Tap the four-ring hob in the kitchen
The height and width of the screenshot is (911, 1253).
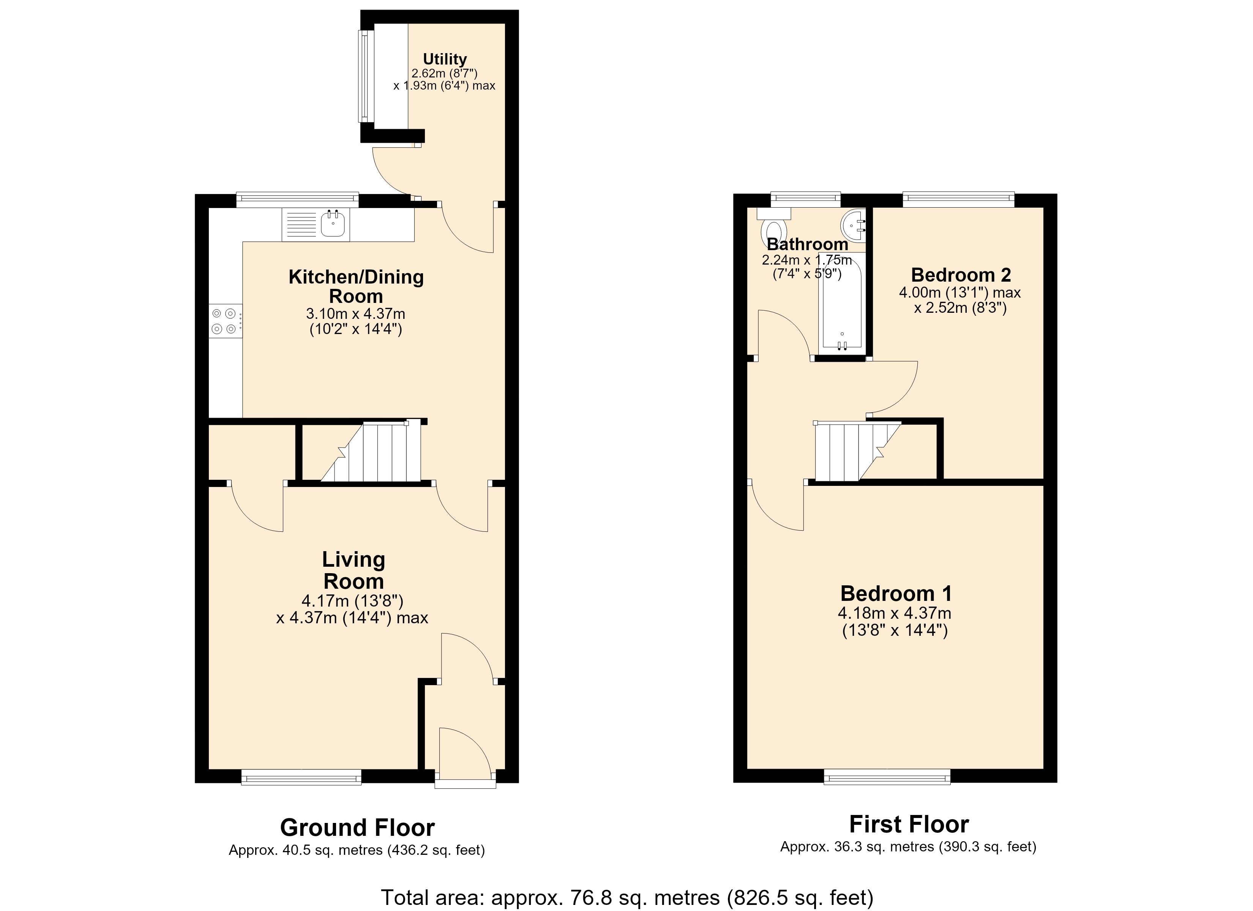(226, 322)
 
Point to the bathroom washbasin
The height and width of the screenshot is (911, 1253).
(854, 226)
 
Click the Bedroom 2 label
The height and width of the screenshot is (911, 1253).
(961, 274)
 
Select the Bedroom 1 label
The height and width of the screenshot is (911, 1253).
(896, 593)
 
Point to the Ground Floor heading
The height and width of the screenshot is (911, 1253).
(357, 827)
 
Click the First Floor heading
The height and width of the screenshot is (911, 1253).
(909, 824)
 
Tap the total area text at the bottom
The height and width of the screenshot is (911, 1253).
(627, 898)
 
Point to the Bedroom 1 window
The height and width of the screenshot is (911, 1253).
(887, 777)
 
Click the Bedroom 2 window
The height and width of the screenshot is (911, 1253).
(958, 199)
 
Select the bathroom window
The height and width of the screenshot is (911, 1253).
(805, 199)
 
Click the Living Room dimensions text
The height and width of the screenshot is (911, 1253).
(352, 609)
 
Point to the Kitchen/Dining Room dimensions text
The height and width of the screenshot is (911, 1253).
(356, 322)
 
